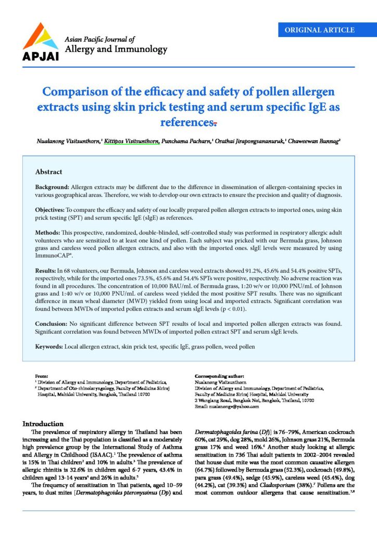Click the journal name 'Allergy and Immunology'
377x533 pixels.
pos(115,49)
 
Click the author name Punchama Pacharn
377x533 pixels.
pos(186,141)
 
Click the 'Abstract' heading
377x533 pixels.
pos(48,172)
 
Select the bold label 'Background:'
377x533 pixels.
pos(52,186)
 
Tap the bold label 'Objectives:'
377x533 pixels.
pos(51,209)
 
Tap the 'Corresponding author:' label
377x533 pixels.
pos(217,375)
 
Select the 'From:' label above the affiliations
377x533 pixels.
pos(41,375)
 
